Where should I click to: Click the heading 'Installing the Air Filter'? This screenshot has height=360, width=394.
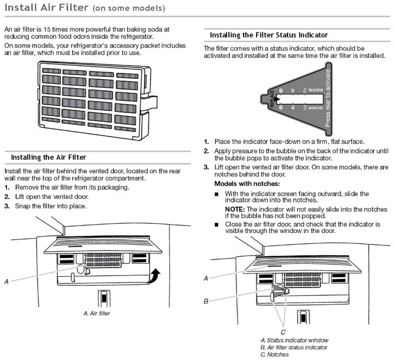click(49, 157)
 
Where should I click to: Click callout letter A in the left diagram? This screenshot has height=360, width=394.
click(6, 281)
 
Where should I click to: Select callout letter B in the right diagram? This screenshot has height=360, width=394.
click(206, 301)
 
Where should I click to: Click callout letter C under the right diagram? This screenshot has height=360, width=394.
click(283, 332)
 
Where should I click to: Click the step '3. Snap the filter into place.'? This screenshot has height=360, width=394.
click(46, 206)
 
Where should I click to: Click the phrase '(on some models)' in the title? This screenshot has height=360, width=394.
click(129, 9)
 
